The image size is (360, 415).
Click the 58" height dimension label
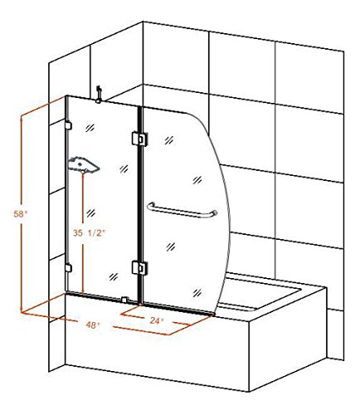(21, 214)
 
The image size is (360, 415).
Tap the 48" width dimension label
(93, 325)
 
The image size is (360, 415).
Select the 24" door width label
(157, 320)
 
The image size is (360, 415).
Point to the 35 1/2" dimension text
(90, 233)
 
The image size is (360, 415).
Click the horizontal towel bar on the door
(182, 212)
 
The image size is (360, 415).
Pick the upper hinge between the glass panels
(139, 139)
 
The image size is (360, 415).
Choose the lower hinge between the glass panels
(139, 268)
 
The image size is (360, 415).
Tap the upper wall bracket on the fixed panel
(68, 125)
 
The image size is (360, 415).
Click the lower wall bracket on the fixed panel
(68, 268)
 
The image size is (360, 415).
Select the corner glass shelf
(83, 164)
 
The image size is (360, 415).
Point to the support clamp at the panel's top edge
(98, 95)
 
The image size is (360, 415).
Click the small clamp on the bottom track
(124, 300)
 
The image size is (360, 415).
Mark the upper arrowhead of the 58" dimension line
(22, 118)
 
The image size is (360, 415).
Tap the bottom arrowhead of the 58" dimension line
(22, 310)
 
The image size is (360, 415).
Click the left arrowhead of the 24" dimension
(124, 315)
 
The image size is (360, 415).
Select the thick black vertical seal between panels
(139, 205)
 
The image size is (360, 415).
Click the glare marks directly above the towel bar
(197, 180)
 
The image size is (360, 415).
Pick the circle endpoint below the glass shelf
(83, 173)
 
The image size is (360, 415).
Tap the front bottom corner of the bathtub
(249, 391)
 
